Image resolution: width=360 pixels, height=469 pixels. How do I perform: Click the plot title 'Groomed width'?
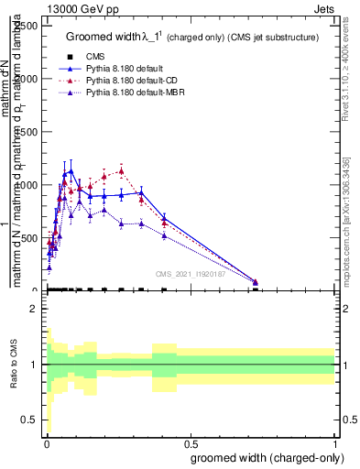point(103,37)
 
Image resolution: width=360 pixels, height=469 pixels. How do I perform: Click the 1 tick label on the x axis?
point(334,443)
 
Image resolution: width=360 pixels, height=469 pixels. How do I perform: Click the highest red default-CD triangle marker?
point(121,169)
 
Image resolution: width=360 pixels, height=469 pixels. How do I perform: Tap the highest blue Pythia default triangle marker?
point(71,170)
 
